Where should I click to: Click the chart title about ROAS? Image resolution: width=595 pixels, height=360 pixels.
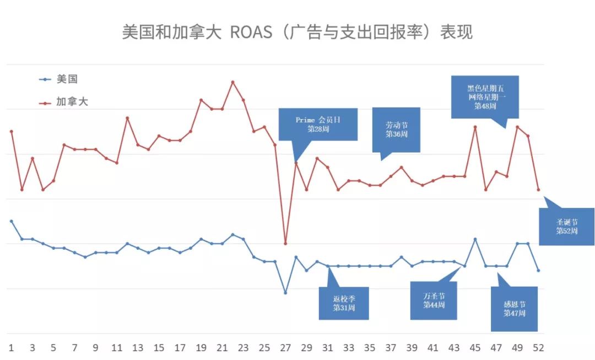[297, 32]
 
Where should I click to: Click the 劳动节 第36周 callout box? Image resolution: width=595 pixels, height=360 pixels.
[396, 130]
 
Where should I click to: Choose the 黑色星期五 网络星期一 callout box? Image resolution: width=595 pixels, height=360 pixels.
[485, 96]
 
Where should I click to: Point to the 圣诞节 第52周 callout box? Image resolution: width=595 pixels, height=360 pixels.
[566, 227]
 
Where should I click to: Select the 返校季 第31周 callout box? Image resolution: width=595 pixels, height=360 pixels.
[344, 303]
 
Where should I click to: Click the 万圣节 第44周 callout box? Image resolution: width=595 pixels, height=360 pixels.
[434, 300]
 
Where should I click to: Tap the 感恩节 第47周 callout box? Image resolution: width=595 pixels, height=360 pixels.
[514, 309]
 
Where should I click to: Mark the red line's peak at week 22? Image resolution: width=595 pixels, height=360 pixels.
[232, 82]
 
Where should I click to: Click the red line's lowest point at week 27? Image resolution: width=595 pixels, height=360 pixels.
[285, 243]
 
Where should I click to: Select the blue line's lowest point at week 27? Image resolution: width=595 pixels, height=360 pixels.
[285, 292]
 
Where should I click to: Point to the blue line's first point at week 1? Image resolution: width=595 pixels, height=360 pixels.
[12, 221]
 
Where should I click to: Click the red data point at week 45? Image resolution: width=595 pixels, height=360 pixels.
[475, 127]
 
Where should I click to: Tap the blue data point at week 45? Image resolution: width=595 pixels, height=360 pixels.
[475, 239]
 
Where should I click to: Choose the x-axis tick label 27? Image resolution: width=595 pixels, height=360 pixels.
[285, 348]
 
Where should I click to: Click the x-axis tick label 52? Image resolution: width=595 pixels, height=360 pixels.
[538, 348]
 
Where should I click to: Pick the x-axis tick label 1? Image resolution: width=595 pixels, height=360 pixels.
[12, 348]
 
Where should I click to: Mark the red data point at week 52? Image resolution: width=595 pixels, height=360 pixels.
[538, 190]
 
